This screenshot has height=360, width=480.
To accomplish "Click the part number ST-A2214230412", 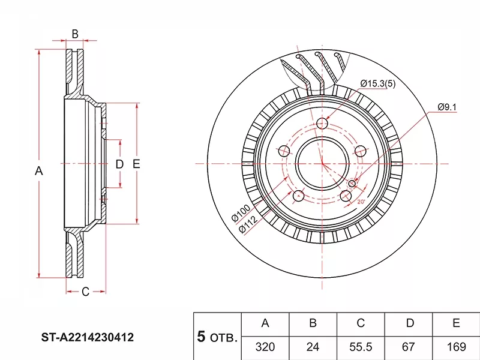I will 88,338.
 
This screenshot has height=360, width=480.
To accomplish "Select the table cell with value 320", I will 265,347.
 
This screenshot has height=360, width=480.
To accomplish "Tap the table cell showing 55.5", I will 361,347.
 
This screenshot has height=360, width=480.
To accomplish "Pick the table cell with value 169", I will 456,347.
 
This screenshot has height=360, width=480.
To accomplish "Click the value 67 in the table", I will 409,347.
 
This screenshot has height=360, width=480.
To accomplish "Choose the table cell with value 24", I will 313,347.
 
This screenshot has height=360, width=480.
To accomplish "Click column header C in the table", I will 361,323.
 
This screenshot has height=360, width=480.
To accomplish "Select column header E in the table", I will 456,323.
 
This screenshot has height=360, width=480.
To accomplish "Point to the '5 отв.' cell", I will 217,337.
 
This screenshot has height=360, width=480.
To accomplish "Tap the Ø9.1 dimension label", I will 447,107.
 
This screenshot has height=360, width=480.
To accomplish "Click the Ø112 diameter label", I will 247,224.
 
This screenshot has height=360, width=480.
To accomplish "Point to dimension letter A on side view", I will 39,171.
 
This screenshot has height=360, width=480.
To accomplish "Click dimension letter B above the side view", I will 75,34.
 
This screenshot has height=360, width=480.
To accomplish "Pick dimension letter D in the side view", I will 119,164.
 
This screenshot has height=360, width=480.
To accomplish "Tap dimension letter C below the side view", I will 85,292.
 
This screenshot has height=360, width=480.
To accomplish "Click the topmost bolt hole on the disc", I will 322,124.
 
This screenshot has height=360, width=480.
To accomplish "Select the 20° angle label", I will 361,202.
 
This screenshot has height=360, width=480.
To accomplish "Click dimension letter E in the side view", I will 136,164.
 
